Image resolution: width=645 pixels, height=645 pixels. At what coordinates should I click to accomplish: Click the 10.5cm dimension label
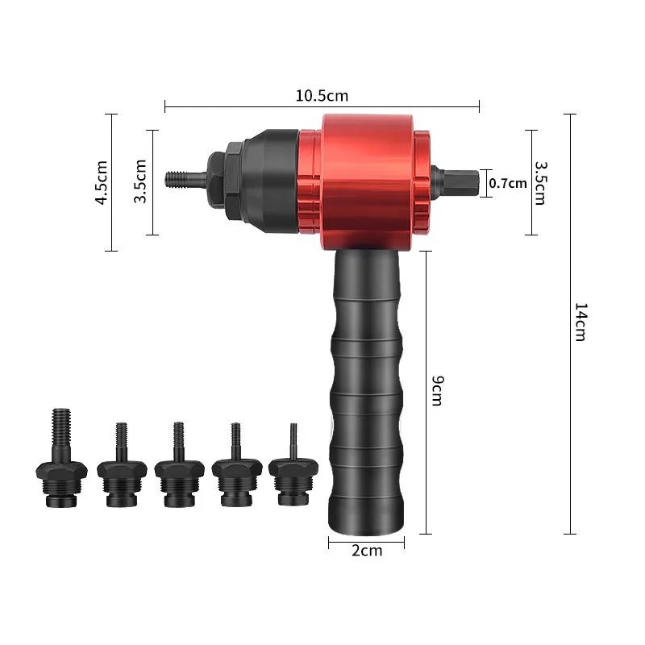tap(322, 96)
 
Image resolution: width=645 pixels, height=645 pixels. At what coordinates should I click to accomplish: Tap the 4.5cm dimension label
tap(102, 182)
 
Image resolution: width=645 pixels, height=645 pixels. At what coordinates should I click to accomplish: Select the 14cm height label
tap(580, 322)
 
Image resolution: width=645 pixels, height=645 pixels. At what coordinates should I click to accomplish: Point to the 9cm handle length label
tap(437, 390)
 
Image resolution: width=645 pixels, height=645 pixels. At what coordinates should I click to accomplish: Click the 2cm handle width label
tap(367, 551)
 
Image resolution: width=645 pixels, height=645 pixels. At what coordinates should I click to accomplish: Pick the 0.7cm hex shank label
tap(508, 183)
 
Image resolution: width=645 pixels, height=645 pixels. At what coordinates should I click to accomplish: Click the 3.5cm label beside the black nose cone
tap(140, 181)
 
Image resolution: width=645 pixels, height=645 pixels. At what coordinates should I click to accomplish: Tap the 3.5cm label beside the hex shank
tap(540, 183)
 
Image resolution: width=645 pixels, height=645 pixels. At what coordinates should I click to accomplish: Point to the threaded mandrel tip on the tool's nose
tap(186, 179)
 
